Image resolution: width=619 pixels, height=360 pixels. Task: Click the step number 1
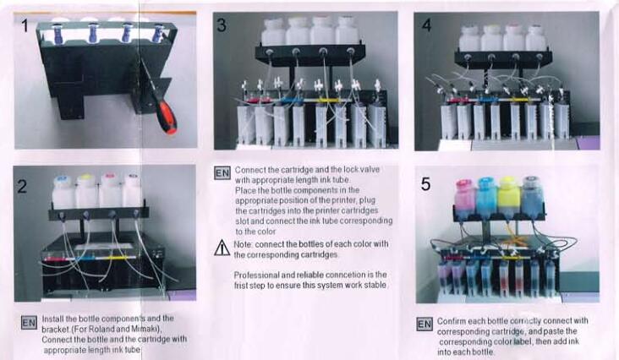click(x=25, y=25)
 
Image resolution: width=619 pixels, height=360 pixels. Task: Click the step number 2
click(x=22, y=186)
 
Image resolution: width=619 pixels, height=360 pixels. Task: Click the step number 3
click(x=222, y=25)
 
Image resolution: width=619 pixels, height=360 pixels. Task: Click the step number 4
click(x=426, y=25)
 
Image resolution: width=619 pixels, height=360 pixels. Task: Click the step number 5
click(x=425, y=183)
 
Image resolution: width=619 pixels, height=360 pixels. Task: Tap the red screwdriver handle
click(x=166, y=117)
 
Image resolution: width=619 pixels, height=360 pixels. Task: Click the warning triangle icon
click(x=222, y=248)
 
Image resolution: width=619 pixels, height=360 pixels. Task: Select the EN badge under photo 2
click(x=29, y=323)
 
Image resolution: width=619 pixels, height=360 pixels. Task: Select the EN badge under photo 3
click(x=222, y=173)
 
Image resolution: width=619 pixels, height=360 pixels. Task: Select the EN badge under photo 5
click(x=425, y=325)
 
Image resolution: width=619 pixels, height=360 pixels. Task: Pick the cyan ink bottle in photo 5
click(x=486, y=197)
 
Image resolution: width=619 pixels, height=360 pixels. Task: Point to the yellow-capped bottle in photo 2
click(x=86, y=192)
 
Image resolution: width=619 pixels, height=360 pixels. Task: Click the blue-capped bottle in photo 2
click(x=63, y=193)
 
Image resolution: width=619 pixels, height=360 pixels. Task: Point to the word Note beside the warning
click(x=243, y=244)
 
